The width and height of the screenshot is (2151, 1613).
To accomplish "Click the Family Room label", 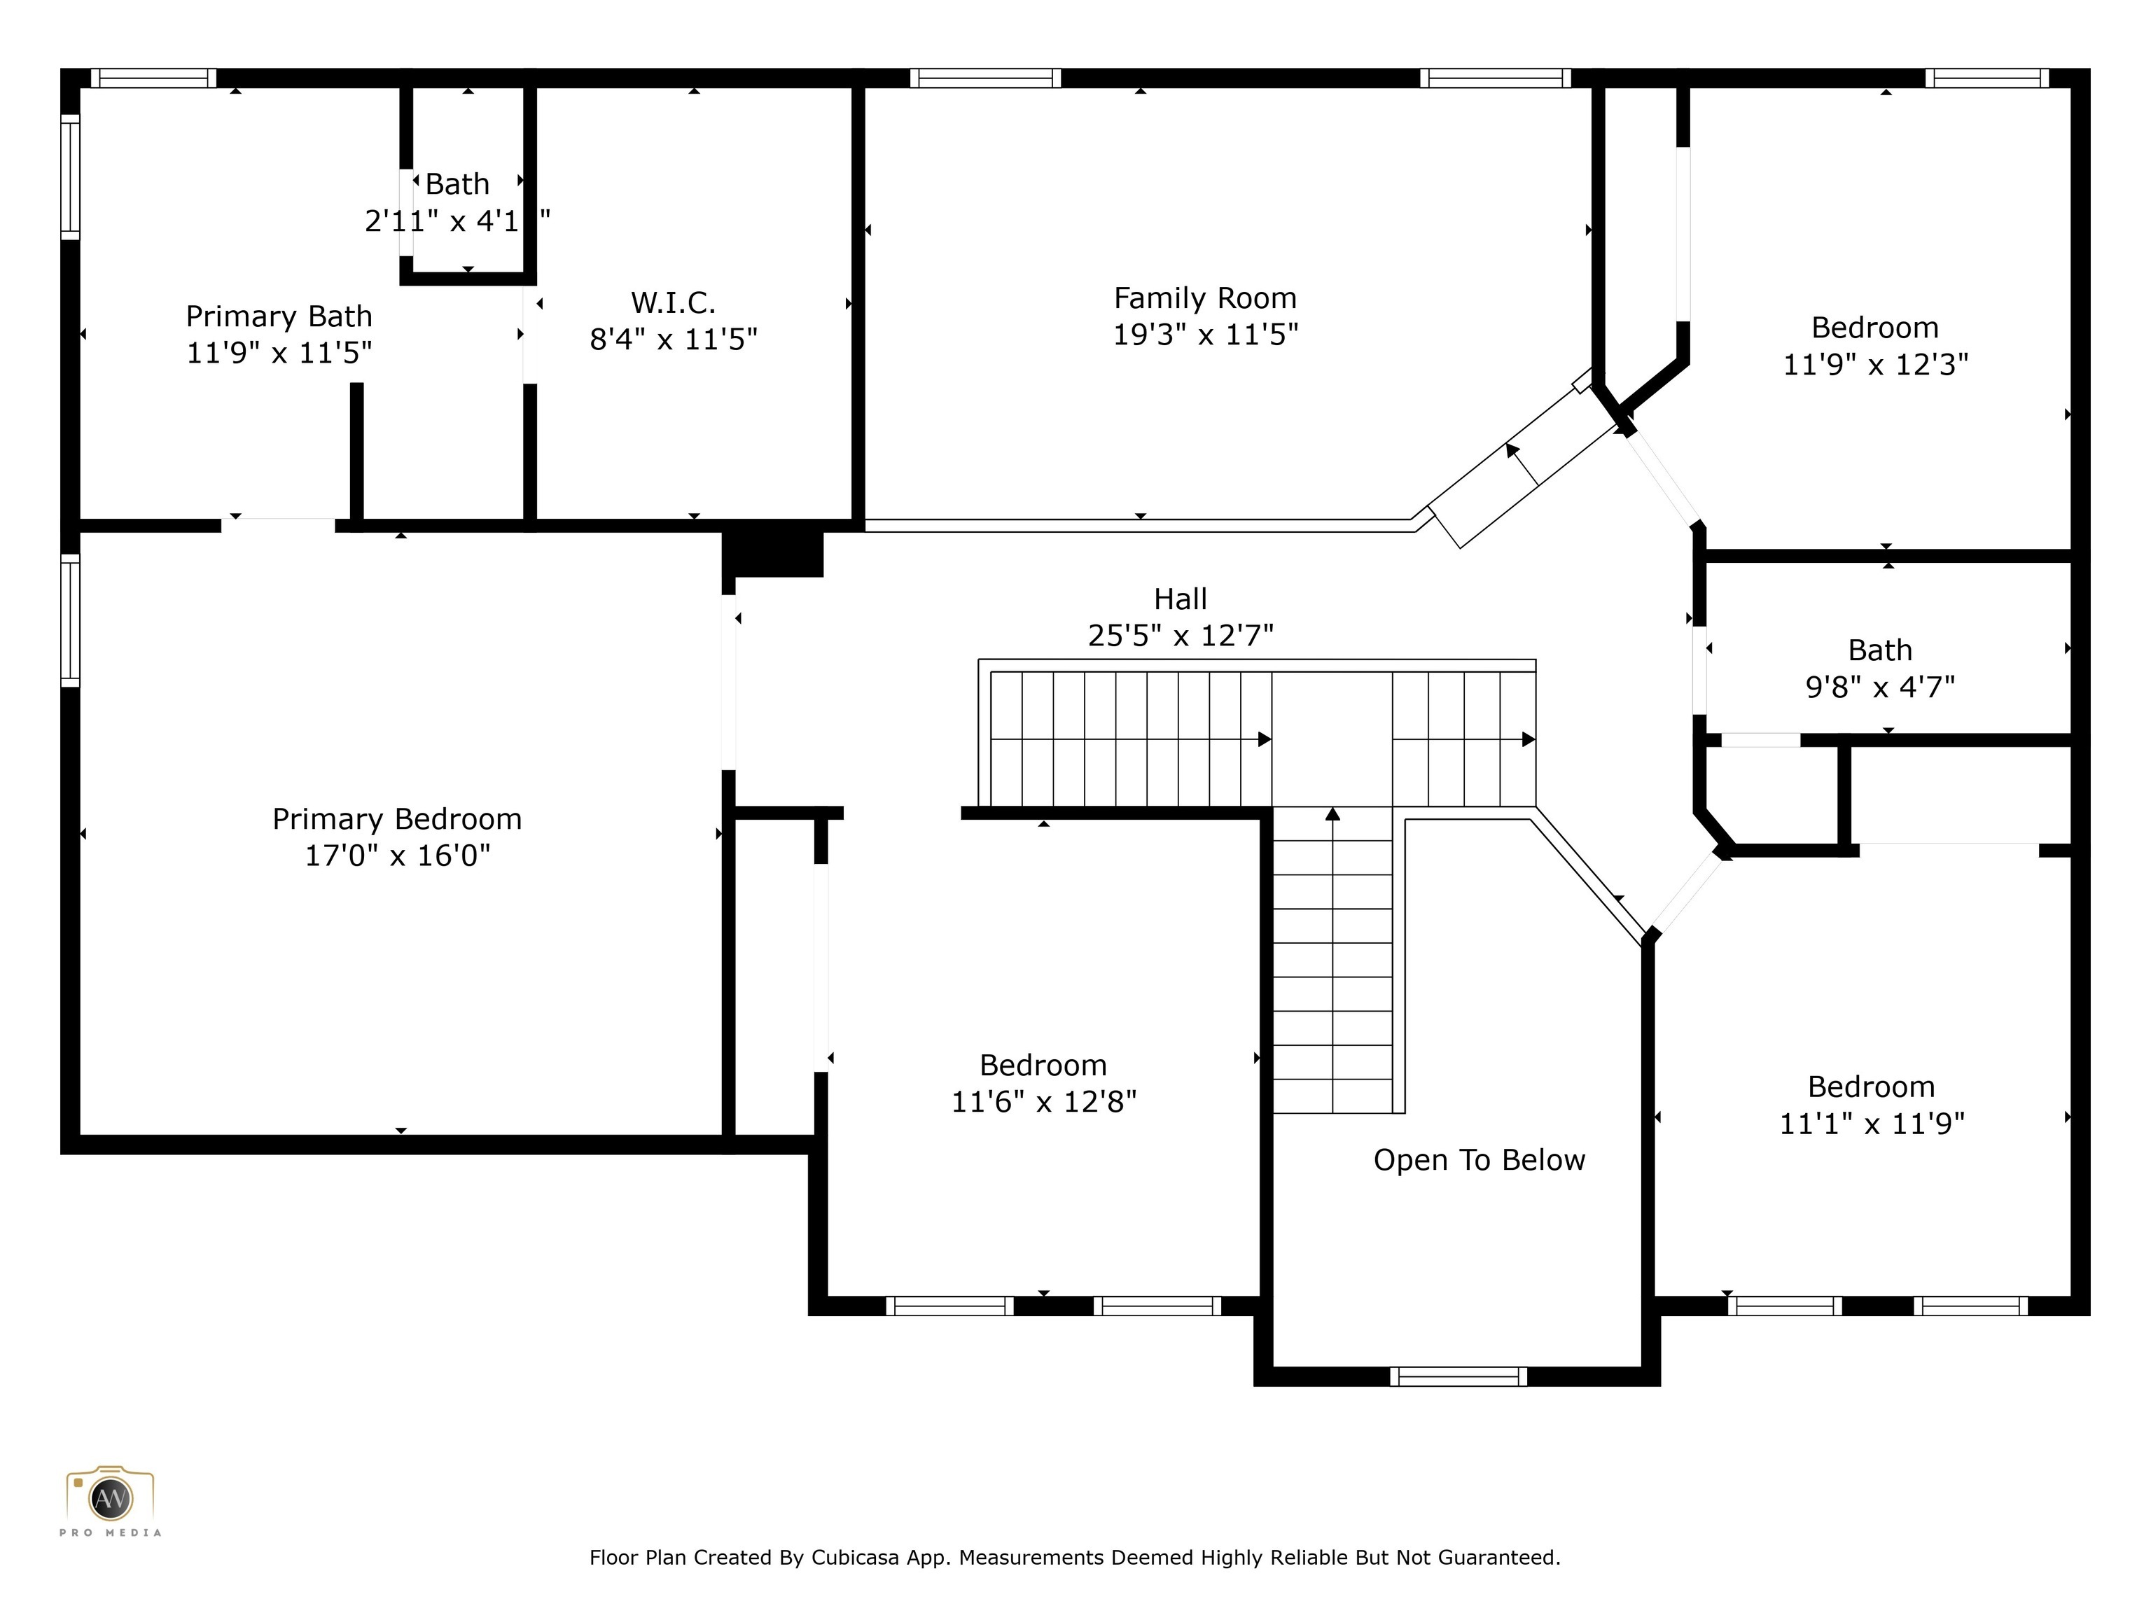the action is (x=1205, y=298).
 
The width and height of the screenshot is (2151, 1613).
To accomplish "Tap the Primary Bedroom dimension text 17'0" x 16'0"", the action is (x=397, y=856).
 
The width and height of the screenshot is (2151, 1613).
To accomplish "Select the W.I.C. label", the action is (x=673, y=302).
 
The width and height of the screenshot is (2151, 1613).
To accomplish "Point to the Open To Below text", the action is (x=1479, y=1160).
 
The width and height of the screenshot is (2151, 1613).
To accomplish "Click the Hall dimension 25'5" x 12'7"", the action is (x=1181, y=636).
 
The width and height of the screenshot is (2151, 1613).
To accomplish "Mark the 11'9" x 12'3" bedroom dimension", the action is (x=1875, y=365).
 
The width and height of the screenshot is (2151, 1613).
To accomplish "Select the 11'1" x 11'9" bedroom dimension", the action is (x=1872, y=1124).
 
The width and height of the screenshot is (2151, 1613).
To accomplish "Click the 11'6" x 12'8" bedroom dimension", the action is (x=1043, y=1101).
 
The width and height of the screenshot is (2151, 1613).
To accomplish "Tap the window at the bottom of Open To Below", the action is (x=1458, y=1376).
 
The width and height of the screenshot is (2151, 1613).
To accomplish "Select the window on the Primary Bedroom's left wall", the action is (x=70, y=620).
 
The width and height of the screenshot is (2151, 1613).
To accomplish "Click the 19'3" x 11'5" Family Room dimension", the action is (x=1205, y=335).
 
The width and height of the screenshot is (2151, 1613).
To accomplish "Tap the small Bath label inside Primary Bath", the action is (x=457, y=183).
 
